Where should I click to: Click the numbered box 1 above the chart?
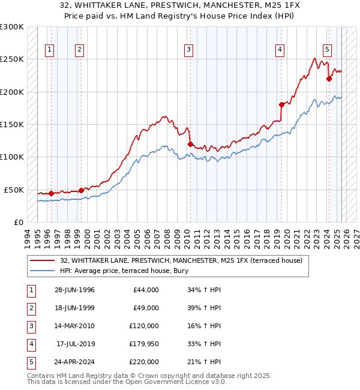49,50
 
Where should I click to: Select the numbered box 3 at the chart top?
188,50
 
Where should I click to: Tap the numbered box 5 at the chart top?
327,50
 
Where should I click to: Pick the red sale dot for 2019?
281,104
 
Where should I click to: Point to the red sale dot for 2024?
329,79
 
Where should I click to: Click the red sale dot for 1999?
81,190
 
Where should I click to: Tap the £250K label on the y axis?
12,59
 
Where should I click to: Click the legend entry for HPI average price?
124,271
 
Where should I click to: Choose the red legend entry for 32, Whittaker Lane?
185,260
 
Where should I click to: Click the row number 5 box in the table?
31,362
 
